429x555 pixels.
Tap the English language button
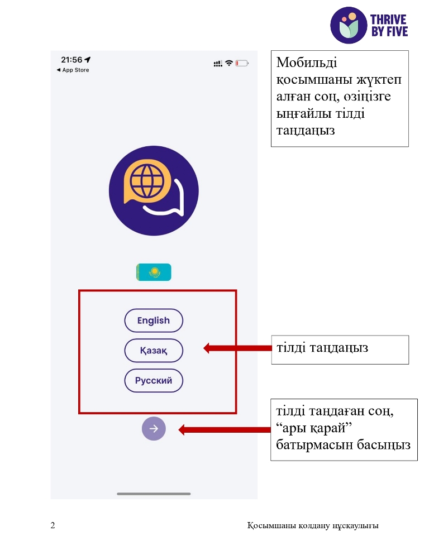(154, 320)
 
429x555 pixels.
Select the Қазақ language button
(154, 351)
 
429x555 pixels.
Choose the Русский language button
(154, 380)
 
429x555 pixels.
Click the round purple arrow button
(154, 429)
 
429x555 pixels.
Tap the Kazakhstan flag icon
(154, 272)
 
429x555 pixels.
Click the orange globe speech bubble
(147, 182)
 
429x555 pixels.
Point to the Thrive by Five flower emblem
(349, 25)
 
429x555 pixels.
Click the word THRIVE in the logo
(388, 20)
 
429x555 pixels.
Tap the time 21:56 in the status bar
(71, 60)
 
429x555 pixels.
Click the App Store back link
(73, 70)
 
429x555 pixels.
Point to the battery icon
(242, 63)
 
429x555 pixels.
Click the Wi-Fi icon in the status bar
(229, 63)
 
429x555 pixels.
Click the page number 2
(53, 525)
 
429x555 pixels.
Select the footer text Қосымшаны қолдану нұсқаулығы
(313, 525)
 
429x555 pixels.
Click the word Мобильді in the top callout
(307, 63)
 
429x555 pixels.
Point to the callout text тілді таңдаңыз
(322, 348)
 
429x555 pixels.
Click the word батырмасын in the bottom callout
(314, 444)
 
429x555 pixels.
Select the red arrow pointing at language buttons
(237, 348)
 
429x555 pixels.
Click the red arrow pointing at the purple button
(224, 430)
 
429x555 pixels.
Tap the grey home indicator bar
(154, 494)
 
